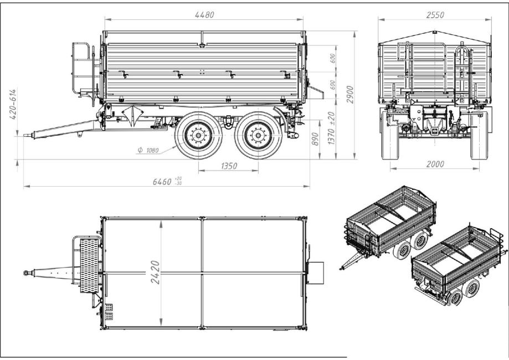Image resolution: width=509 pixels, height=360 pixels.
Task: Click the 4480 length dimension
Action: (x=204, y=15)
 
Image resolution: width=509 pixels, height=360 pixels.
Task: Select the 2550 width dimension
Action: (x=435, y=15)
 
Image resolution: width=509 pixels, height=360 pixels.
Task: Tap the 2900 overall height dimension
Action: (x=349, y=95)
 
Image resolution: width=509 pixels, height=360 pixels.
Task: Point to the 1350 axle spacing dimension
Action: (x=229, y=166)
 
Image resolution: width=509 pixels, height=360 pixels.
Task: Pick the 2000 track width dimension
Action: (x=435, y=164)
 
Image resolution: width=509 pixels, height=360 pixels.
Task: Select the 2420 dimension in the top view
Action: (x=156, y=272)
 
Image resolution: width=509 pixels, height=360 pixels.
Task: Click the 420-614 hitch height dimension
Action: (x=13, y=104)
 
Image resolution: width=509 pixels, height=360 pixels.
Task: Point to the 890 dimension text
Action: (x=315, y=139)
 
